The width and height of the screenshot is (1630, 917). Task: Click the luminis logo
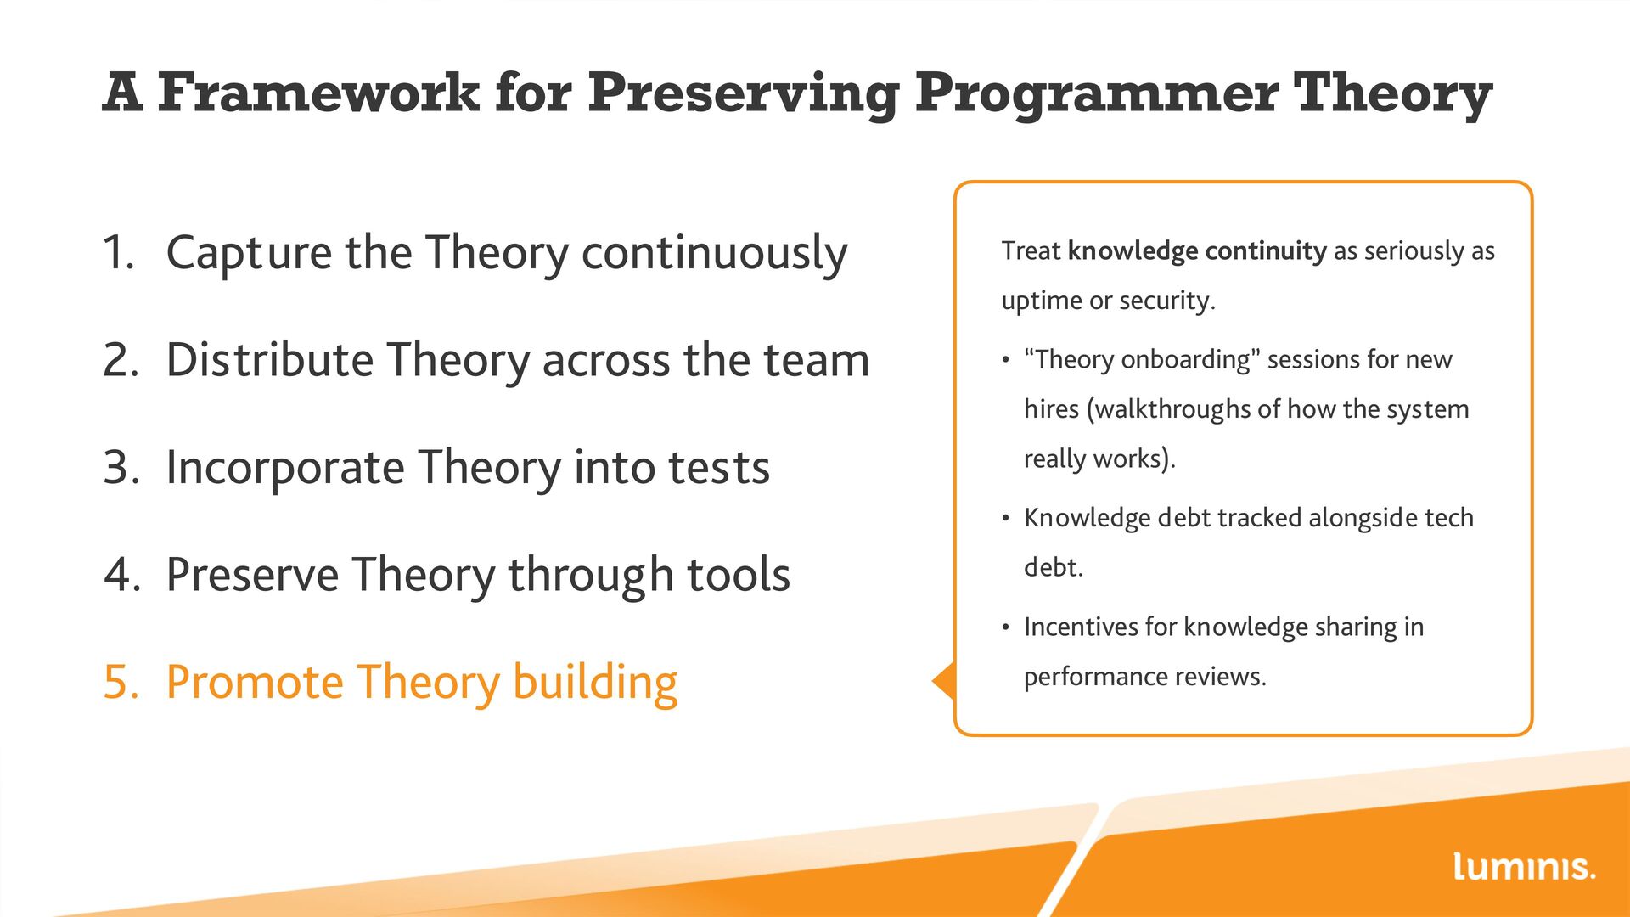(x=1524, y=866)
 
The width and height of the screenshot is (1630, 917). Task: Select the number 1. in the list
(x=119, y=253)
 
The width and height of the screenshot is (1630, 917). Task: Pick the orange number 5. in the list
(x=121, y=682)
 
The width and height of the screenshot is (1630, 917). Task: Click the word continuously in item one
(x=714, y=253)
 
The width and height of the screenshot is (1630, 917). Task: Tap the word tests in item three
(x=719, y=468)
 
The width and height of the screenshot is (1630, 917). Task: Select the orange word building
(x=595, y=684)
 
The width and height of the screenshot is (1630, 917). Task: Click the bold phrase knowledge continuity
(x=1197, y=251)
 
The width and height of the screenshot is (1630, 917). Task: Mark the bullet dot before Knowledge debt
(x=1006, y=519)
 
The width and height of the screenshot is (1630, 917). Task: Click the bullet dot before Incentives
(x=1006, y=628)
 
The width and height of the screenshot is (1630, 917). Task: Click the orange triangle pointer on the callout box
(x=944, y=681)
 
